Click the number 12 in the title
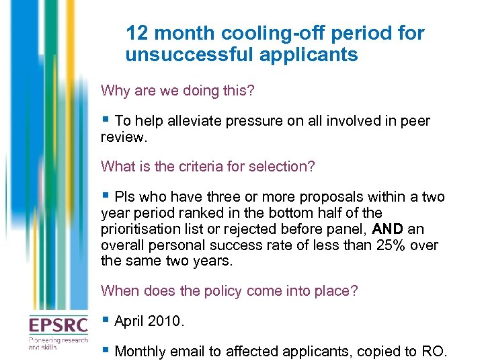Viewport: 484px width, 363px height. point(136,33)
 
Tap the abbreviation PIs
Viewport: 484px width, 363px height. point(125,197)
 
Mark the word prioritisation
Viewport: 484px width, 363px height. point(141,230)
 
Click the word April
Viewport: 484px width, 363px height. point(130,322)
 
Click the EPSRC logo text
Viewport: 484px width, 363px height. point(58,326)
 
